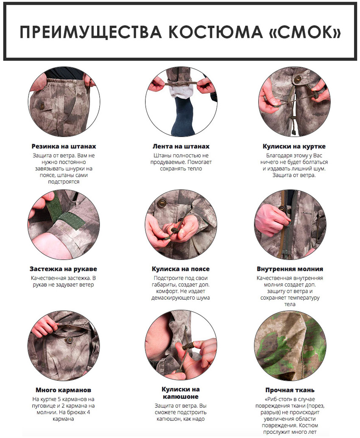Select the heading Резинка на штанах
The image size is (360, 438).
click(x=64, y=146)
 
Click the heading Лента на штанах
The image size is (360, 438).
click(x=181, y=146)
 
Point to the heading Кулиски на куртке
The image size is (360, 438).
click(x=294, y=146)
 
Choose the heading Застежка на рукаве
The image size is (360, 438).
click(x=64, y=269)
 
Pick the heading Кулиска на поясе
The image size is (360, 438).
click(x=181, y=269)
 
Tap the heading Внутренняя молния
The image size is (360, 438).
click(x=290, y=269)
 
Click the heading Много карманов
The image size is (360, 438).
click(x=64, y=390)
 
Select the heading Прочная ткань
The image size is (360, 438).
click(x=290, y=390)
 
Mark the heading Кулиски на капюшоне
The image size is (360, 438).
click(x=181, y=393)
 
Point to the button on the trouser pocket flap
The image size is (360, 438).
click(x=42, y=106)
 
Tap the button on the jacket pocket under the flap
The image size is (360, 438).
click(x=69, y=340)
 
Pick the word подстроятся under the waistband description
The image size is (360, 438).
click(x=64, y=182)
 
